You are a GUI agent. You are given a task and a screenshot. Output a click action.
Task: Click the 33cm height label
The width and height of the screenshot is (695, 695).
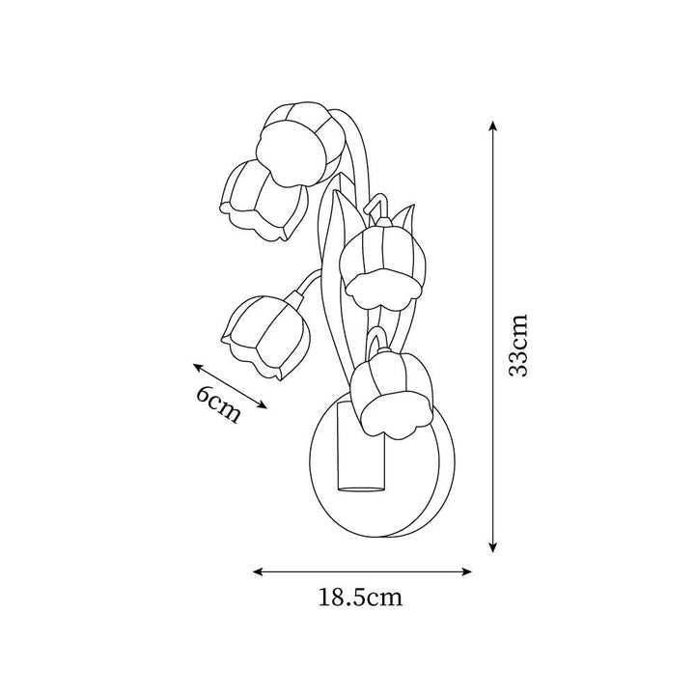(518, 346)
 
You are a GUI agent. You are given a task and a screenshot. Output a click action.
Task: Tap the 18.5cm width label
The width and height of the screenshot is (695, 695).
(361, 598)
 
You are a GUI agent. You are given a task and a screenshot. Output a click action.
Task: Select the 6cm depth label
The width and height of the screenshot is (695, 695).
(219, 404)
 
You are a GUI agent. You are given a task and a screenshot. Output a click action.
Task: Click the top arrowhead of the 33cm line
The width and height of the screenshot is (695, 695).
(492, 125)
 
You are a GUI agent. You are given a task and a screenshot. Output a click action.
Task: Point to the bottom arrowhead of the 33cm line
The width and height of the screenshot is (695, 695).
(492, 547)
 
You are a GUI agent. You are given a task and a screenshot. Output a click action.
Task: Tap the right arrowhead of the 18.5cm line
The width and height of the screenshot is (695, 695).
(465, 571)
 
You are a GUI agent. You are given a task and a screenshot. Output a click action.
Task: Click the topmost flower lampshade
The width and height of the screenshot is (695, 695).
(300, 143)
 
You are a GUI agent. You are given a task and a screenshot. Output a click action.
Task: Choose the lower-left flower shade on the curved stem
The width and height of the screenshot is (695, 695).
(265, 336)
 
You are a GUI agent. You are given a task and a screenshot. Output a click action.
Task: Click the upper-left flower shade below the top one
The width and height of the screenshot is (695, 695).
(263, 201)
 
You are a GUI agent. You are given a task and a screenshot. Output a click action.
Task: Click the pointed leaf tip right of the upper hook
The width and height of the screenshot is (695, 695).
(413, 206)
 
